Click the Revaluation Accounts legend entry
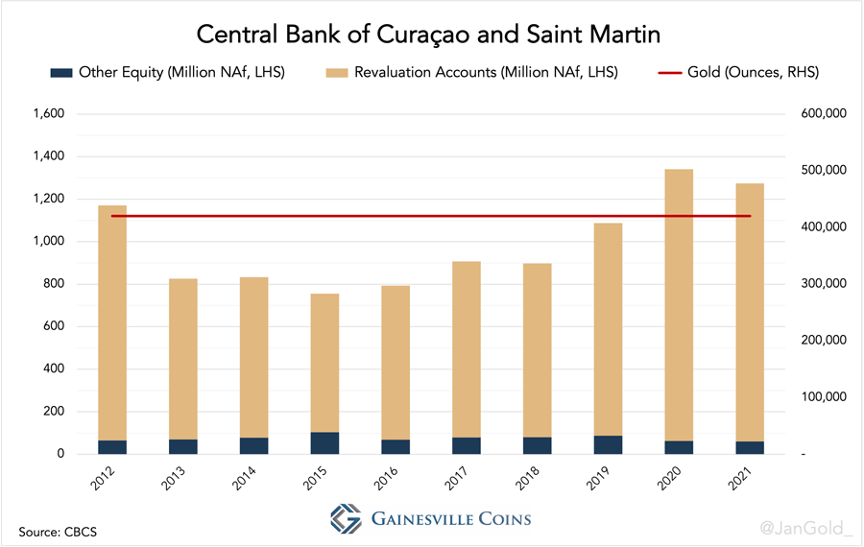click(x=471, y=72)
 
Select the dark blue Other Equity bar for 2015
click(x=324, y=443)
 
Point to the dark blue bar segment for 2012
click(x=112, y=447)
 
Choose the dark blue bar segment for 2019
click(x=608, y=444)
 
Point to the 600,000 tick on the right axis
click(x=821, y=114)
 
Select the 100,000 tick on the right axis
click(x=821, y=397)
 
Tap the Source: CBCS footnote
click(x=59, y=530)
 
